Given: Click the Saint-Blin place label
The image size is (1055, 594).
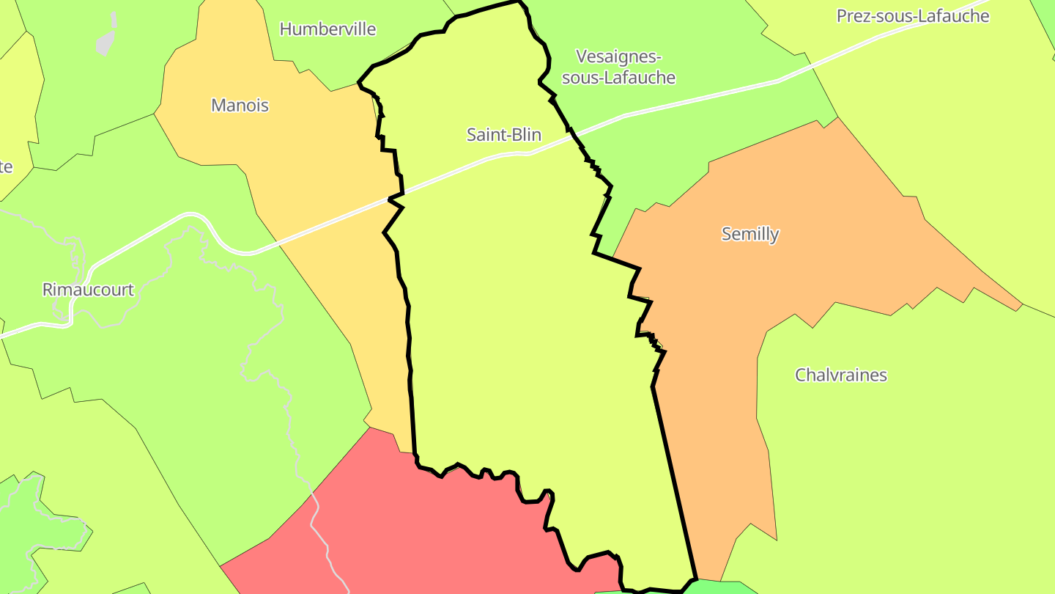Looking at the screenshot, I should (504, 135).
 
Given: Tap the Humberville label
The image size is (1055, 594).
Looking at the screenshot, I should (327, 29).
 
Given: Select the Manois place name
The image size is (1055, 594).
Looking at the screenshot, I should (240, 106).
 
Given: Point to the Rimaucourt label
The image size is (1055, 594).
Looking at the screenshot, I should (88, 290).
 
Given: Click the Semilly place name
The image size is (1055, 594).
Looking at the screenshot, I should (749, 234).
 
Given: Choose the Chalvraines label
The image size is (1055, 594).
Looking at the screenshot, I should (840, 375).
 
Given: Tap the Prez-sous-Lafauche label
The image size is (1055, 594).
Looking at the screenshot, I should (912, 16).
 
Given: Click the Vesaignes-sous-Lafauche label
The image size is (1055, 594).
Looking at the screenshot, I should (618, 67).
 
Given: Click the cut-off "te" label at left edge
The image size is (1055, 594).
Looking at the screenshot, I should (6, 167).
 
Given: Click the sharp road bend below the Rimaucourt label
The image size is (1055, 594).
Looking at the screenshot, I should (70, 320).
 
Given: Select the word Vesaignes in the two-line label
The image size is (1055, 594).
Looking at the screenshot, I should (618, 57).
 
